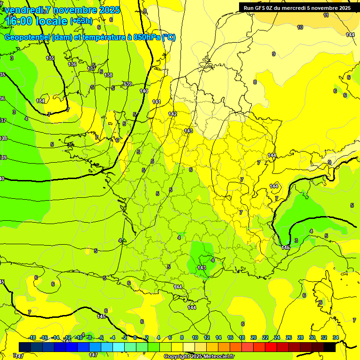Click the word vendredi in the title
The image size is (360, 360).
[x=23, y=10]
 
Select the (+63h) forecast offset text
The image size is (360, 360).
[x=81, y=21]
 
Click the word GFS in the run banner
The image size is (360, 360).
[x=262, y=8]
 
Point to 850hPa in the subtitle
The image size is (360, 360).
[x=146, y=37]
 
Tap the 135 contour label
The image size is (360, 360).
[x=50, y=58]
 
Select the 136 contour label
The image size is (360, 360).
[x=72, y=64]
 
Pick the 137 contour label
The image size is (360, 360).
[x=91, y=69]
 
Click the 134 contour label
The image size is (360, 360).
[x=41, y=101]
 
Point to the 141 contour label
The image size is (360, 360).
[x=157, y=102]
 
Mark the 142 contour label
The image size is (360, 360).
[x=172, y=114]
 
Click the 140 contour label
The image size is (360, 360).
[x=144, y=91]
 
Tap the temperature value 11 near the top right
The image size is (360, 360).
[x=326, y=15]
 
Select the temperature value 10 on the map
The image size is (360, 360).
[x=300, y=27]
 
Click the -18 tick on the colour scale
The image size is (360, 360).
[x=32, y=337]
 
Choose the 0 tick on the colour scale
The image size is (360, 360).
[x=135, y=337]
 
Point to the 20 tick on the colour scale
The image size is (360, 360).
[x=253, y=337]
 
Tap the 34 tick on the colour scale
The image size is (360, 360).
[x=336, y=337]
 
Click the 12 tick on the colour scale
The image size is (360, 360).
[x=206, y=337]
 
